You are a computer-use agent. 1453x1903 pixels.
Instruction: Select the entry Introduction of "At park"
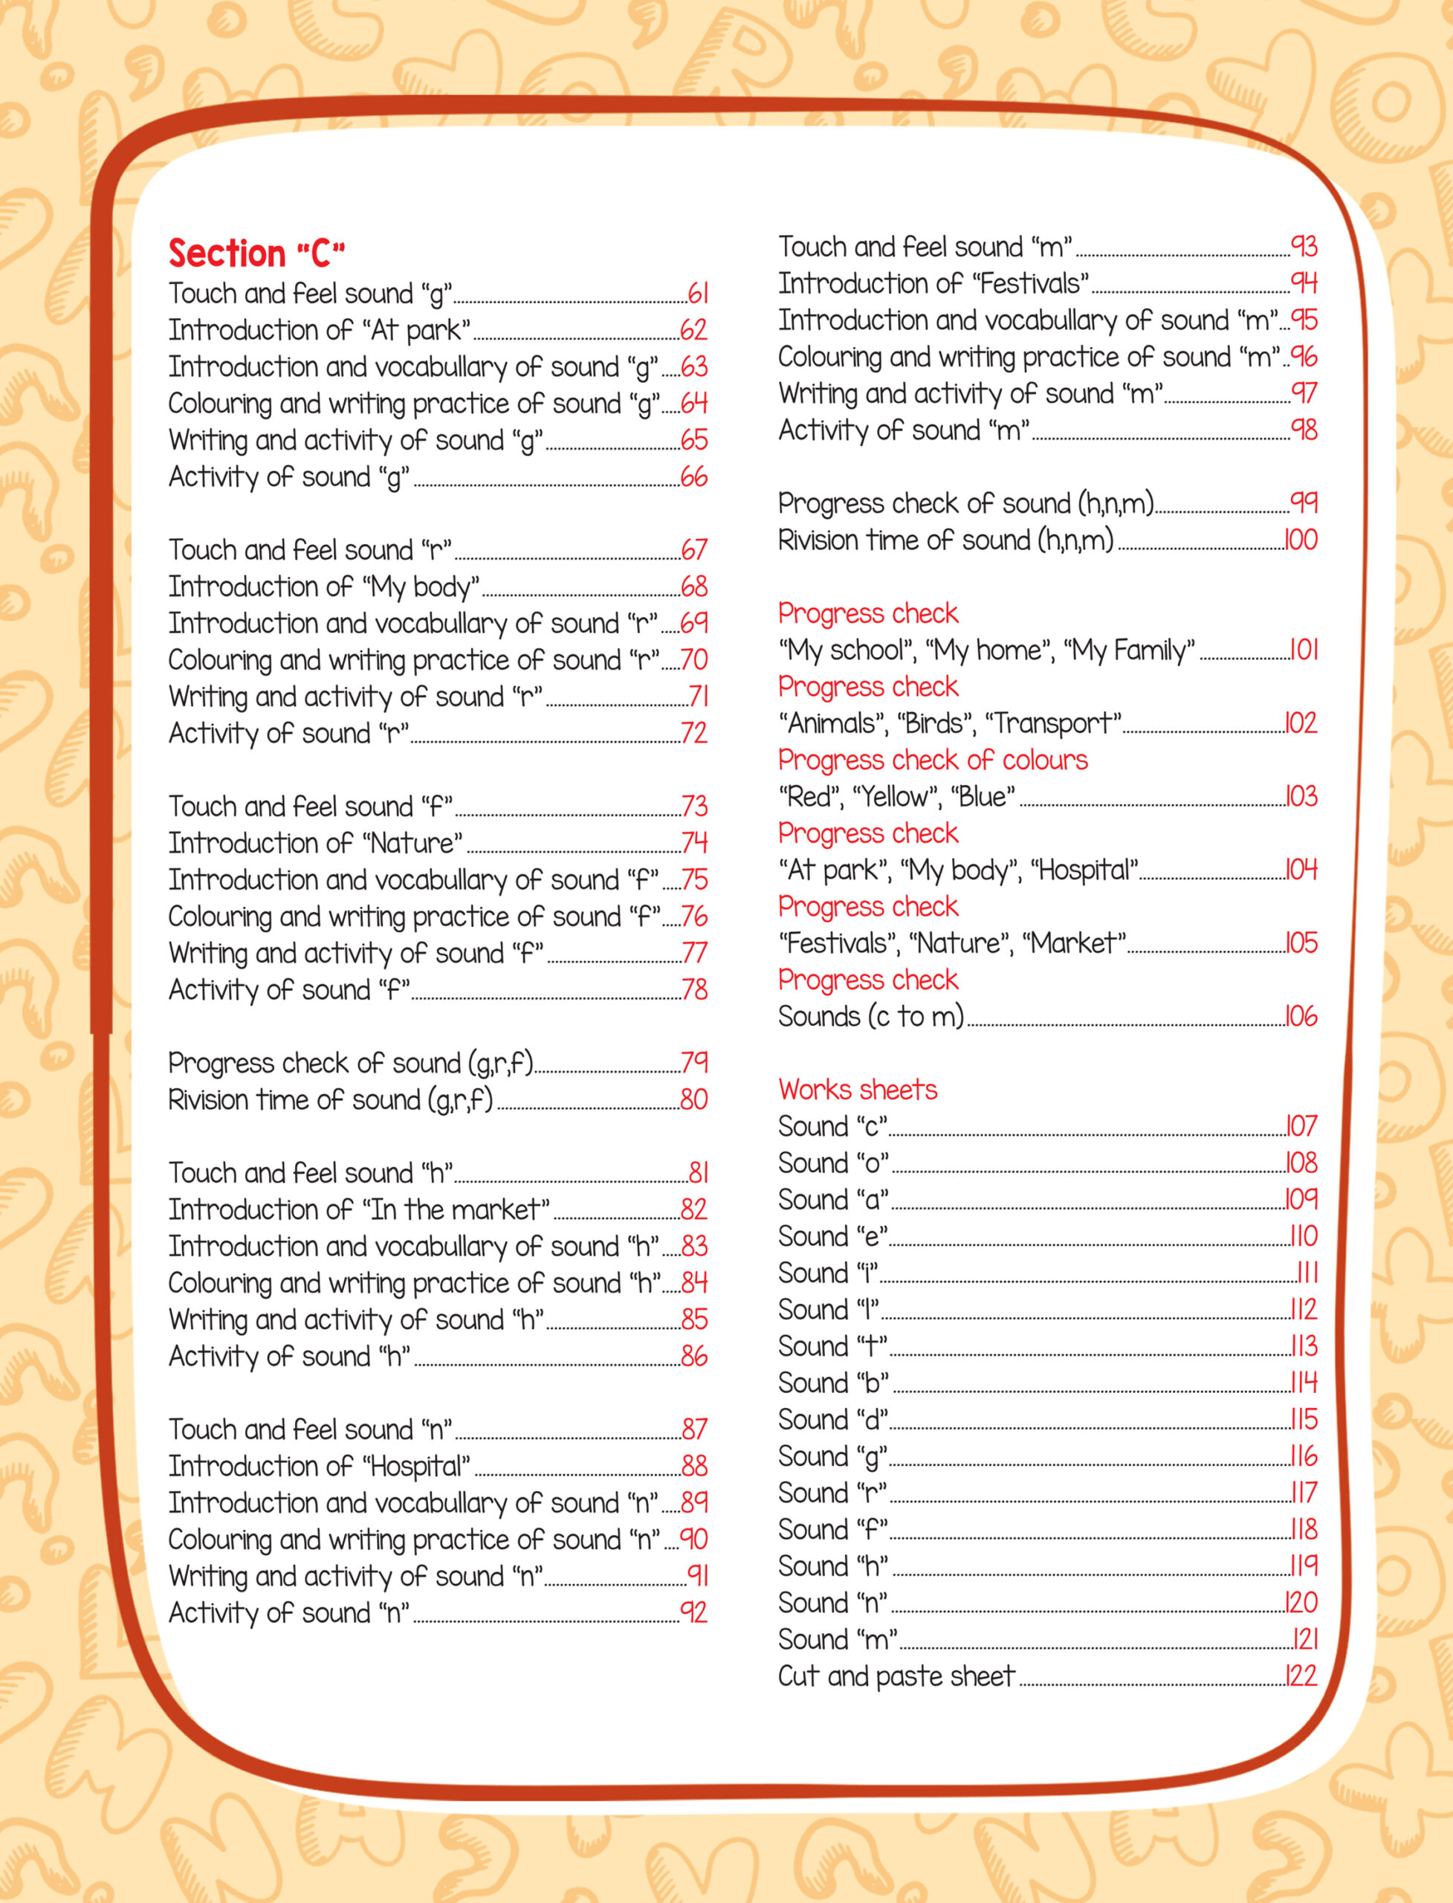point(319,331)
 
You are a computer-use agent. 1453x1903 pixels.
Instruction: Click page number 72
point(693,734)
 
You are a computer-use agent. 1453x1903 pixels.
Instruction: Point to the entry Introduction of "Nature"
point(316,844)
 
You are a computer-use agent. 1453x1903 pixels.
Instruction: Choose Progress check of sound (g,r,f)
point(351,1063)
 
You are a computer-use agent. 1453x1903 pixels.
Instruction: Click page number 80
point(693,1099)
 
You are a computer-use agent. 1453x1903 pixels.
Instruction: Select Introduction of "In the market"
point(359,1209)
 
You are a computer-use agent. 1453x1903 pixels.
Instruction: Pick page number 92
point(693,1612)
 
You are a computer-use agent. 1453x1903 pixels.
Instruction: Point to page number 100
point(1300,540)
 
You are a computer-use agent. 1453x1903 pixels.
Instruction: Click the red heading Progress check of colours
point(932,760)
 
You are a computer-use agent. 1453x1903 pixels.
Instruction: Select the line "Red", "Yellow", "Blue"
point(896,797)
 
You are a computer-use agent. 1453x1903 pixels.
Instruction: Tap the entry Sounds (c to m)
point(870,1016)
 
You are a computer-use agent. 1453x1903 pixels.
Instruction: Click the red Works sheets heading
point(857,1090)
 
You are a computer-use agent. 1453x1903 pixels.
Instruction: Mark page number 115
point(1304,1420)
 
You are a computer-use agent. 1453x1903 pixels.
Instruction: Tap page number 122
point(1301,1676)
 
